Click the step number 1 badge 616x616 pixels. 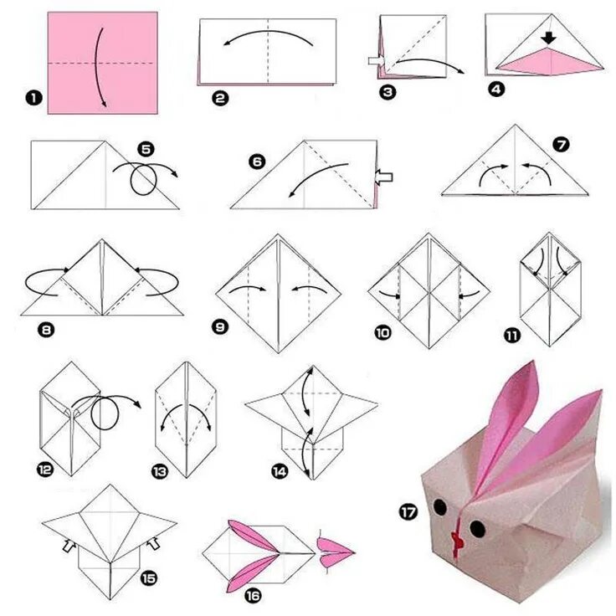[33, 98]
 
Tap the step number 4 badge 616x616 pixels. [496, 90]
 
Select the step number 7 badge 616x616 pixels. [561, 145]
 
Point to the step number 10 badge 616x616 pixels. [383, 333]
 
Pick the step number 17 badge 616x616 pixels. [408, 512]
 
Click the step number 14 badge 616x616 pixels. [280, 471]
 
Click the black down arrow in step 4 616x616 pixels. [548, 38]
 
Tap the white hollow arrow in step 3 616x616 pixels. [377, 61]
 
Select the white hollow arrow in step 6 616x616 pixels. [384, 177]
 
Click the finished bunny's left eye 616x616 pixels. [439, 507]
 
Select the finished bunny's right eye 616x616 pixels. [477, 529]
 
